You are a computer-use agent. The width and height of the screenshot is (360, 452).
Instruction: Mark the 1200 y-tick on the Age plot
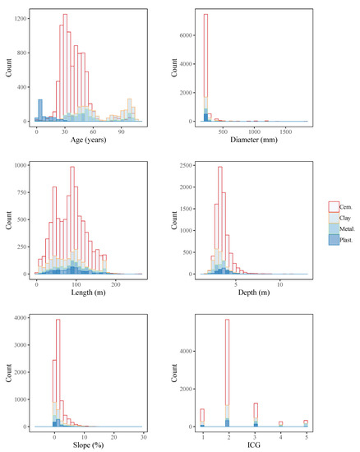coord(18,16)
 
